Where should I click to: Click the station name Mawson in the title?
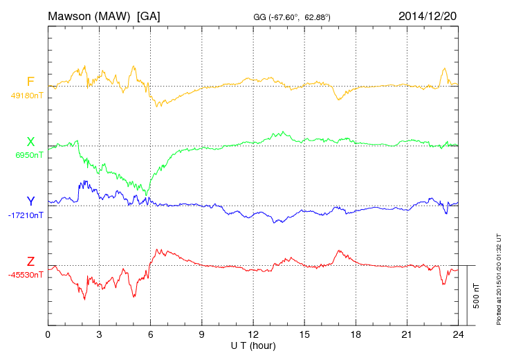point(71,16)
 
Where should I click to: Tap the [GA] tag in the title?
point(149,16)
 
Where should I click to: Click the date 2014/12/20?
point(428,16)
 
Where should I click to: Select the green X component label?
point(30,142)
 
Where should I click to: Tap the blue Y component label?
point(30,201)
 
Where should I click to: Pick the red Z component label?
point(30,262)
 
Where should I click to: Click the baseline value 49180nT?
point(27,96)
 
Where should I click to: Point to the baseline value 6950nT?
point(29,155)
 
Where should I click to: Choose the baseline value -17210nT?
point(26,215)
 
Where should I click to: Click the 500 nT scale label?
point(477,295)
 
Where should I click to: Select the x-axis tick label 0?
point(48,335)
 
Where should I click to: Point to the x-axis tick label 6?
point(151,335)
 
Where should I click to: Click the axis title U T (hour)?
point(253,345)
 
